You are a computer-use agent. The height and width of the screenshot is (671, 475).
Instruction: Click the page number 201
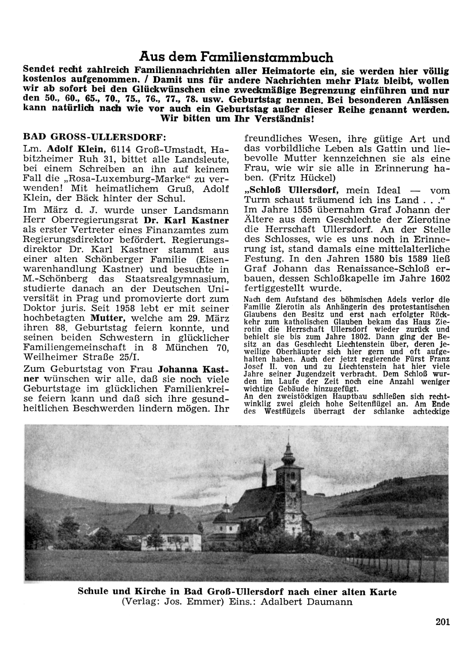coord(442,622)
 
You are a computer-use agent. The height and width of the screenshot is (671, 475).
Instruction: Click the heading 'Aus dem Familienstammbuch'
coord(236,57)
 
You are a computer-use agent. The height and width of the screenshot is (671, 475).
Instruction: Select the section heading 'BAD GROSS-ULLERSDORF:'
coord(95,137)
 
